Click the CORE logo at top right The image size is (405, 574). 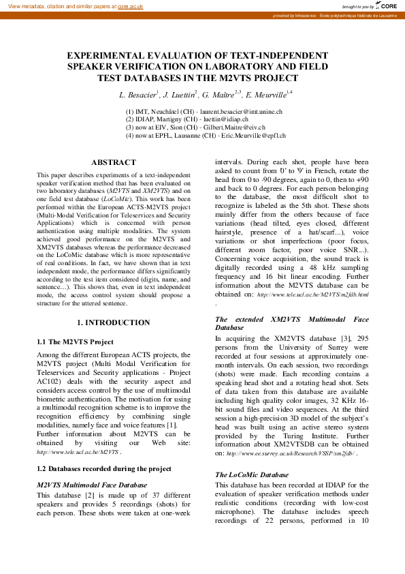(x=387, y=5)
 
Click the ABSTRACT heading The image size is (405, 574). (x=114, y=162)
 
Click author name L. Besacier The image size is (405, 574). (x=138, y=94)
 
